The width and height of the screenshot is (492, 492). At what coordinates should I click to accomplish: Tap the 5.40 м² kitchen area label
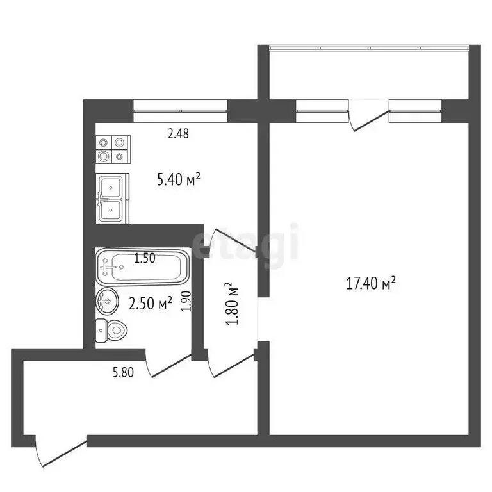tap(179, 180)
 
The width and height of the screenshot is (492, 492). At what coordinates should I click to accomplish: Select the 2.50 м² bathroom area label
tap(151, 303)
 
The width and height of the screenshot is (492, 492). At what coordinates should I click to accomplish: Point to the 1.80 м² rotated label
tap(233, 304)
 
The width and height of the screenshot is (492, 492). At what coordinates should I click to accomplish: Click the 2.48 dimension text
tap(178, 134)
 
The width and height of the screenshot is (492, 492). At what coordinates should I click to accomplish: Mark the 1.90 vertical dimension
tap(186, 300)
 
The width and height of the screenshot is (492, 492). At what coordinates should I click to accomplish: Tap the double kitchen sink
tap(112, 199)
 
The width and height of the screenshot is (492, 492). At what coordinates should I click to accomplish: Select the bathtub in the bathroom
tap(142, 268)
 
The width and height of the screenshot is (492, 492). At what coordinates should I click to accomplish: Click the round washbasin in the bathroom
tap(106, 299)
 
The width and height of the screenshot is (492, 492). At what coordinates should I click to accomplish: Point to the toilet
tap(111, 331)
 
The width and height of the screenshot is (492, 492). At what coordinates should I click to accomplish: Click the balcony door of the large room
tap(370, 118)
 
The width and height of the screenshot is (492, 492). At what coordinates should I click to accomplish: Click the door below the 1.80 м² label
tap(231, 361)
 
